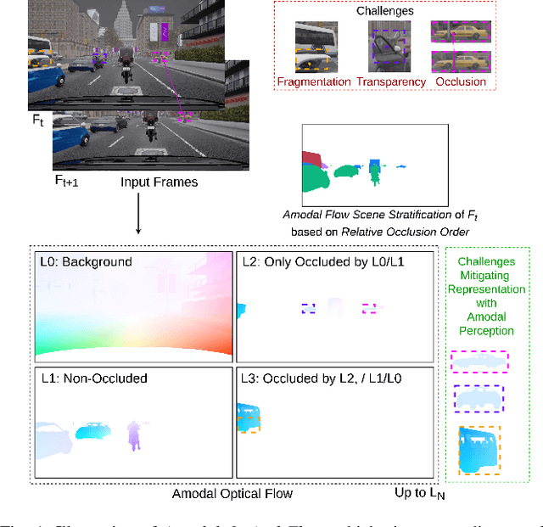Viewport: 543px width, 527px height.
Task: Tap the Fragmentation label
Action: (314, 81)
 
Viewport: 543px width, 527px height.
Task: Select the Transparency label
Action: (391, 81)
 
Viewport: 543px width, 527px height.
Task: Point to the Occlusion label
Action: (461, 81)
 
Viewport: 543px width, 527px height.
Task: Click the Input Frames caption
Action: (160, 182)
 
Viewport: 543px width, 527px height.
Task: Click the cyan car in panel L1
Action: (93, 434)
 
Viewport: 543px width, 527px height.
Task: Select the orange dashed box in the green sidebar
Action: (479, 449)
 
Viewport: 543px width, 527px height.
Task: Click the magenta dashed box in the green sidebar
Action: (479, 362)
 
